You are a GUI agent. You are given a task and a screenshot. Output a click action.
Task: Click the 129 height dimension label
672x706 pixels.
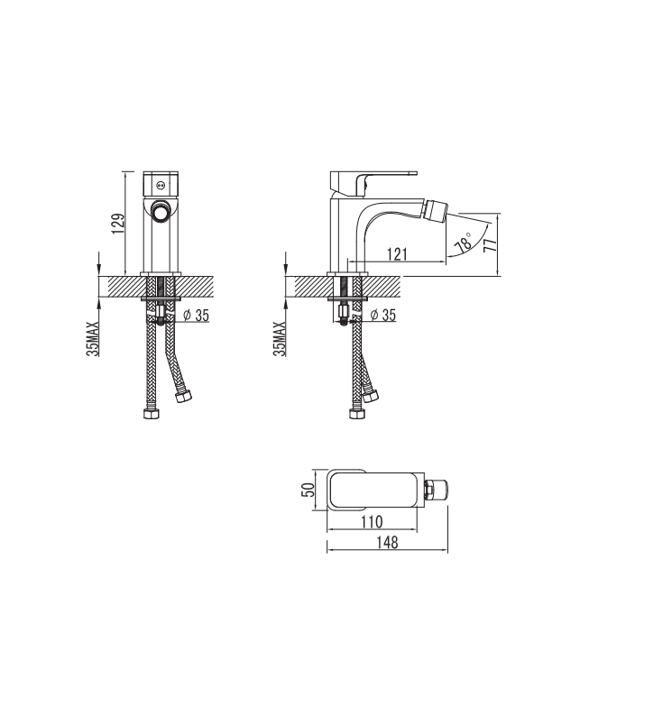118,224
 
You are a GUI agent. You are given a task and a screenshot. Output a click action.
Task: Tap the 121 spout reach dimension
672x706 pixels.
397,254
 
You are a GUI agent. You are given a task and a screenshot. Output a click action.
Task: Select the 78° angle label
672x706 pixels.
464,243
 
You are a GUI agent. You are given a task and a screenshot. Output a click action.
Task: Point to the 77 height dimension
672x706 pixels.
490,245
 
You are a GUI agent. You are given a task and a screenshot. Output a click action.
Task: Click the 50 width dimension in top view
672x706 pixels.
308,489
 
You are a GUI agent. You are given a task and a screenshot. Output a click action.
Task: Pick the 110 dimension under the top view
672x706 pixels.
372,522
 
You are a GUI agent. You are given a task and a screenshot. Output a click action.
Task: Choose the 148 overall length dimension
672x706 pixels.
387,543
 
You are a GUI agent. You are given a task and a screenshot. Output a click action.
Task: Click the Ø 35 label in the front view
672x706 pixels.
197,316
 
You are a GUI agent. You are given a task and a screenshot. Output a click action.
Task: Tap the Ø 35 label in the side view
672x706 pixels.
383,316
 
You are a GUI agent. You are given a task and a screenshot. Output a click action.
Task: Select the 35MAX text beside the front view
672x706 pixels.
93,339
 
